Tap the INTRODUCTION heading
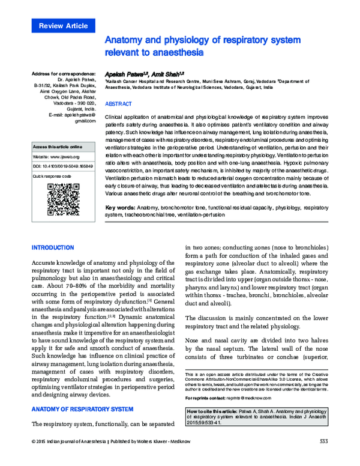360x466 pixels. click(52, 247)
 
